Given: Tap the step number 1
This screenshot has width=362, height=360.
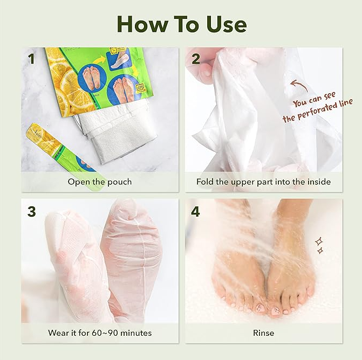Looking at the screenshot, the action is [x=31, y=59].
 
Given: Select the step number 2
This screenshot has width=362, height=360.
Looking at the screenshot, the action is [x=196, y=59].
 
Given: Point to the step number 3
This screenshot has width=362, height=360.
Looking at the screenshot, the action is [x=31, y=211].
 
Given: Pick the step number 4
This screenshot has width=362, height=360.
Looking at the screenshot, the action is [x=195, y=211].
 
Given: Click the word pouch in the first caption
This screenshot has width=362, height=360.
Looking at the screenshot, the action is [x=120, y=182].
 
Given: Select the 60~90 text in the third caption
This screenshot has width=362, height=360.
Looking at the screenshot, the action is [x=105, y=333].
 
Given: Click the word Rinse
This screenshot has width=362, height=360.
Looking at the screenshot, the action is [x=263, y=333].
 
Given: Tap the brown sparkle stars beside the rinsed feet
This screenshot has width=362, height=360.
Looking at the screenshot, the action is [x=319, y=246].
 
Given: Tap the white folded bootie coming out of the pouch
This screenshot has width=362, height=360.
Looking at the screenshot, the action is [x=118, y=133].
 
